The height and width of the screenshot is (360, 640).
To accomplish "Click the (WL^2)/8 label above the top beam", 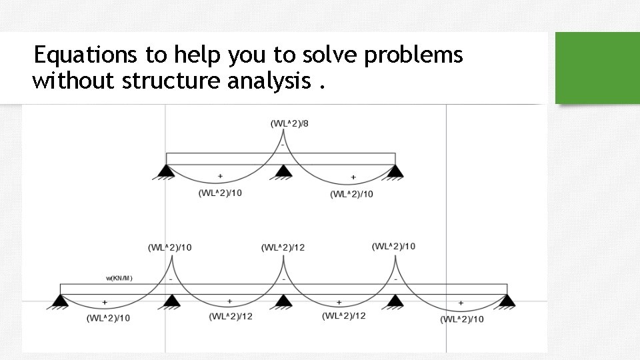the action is [x=289, y=124].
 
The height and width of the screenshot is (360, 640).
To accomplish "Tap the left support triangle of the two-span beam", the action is [x=166, y=173].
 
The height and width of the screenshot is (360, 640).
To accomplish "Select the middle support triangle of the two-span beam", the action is [x=283, y=173].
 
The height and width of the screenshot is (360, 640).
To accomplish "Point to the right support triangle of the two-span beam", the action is [x=395, y=173].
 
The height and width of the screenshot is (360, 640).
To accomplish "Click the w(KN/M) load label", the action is [x=119, y=278].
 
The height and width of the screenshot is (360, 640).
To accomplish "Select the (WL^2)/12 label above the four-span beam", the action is [x=283, y=248].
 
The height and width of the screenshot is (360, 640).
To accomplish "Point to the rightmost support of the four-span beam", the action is [x=508, y=302].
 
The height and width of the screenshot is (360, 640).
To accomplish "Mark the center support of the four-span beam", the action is [x=283, y=302].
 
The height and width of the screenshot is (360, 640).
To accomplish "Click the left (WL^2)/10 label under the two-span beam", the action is [x=220, y=193].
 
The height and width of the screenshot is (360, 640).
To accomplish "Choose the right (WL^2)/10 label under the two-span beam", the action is [x=351, y=194].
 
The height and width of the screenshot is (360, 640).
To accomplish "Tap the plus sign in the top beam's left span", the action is [x=220, y=177].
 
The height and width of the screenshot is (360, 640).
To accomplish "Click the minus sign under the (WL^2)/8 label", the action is [x=283, y=144].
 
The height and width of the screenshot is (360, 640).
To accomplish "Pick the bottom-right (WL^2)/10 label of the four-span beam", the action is [x=462, y=319].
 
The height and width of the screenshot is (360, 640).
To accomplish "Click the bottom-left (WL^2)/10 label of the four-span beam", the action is [x=108, y=318].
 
